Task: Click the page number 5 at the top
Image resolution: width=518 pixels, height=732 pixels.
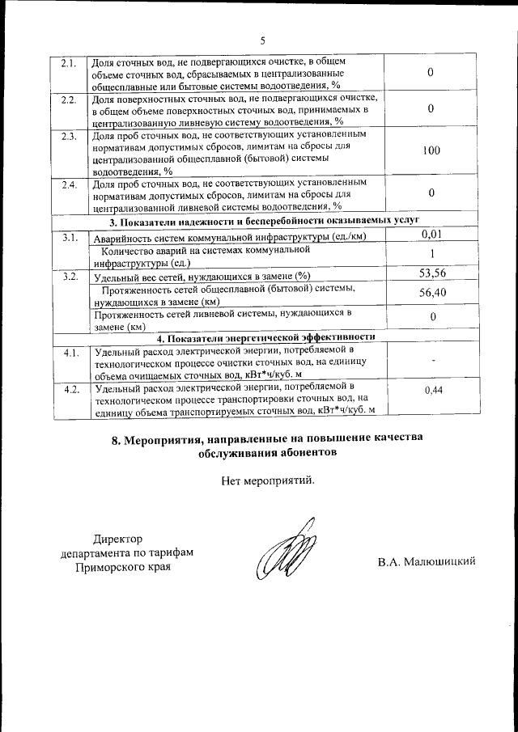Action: pyautogui.click(x=262, y=40)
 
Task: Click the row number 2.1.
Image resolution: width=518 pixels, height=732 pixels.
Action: pyautogui.click(x=69, y=63)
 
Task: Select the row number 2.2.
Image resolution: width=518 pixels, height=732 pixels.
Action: pyautogui.click(x=69, y=99)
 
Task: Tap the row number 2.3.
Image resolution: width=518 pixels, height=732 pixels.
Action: pyautogui.click(x=69, y=135)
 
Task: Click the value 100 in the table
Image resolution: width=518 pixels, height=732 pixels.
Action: pyautogui.click(x=431, y=150)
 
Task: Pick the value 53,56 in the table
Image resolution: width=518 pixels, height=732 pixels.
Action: pyautogui.click(x=431, y=275)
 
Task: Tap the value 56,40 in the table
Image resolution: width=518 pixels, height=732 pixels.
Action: pyautogui.click(x=431, y=294)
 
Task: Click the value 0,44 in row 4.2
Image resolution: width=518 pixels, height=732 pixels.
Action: pyautogui.click(x=431, y=390)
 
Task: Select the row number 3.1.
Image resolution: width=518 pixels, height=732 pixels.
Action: pyautogui.click(x=69, y=237)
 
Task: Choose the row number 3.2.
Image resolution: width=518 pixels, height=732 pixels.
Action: pyautogui.click(x=69, y=277)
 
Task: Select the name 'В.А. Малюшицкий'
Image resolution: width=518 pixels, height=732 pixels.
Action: pyautogui.click(x=426, y=561)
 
